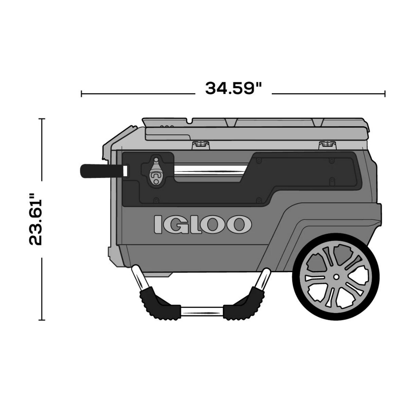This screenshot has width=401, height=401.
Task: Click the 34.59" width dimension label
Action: pyautogui.click(x=234, y=88)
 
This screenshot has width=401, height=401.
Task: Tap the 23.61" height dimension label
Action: pyautogui.click(x=35, y=220)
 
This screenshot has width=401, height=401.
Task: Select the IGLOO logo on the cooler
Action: pyautogui.click(x=202, y=224)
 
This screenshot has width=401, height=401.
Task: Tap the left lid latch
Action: pyautogui.click(x=201, y=145)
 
